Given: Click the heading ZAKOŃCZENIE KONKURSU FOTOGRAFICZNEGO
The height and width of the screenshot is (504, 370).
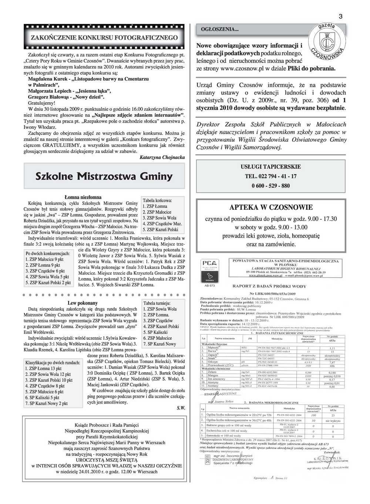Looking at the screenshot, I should [104, 38].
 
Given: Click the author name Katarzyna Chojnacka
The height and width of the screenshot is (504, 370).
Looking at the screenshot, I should [162, 157].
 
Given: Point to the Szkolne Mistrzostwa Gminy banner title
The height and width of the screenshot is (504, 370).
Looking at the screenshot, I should [104, 176].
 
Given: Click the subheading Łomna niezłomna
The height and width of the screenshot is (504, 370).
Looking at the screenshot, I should [83, 197].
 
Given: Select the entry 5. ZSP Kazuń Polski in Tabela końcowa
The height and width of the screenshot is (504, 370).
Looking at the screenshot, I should [160, 230].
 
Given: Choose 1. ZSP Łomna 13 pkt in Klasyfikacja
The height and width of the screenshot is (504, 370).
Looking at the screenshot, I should [43, 368].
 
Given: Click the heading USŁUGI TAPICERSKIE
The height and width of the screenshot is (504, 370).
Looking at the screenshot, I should [270, 167].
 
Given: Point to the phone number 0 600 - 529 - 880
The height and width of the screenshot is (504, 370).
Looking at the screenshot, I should [270, 186].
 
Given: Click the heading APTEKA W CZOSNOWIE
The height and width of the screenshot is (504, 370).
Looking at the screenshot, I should [270, 208].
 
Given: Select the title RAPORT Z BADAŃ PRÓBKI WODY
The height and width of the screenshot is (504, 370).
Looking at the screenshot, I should [269, 286].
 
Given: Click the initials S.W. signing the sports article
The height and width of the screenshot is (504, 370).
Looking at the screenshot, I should [181, 408].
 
